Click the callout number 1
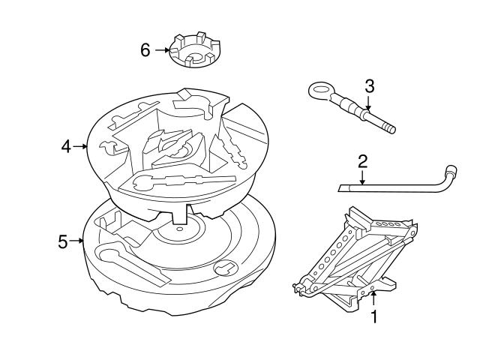pyautogui.click(x=373, y=317)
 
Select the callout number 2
pyautogui.click(x=362, y=161)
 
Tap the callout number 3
pyautogui.click(x=368, y=85)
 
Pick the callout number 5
pyautogui.click(x=63, y=241)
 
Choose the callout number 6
pyautogui.click(x=145, y=50)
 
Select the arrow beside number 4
pyautogui.click(x=82, y=147)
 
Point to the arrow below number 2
pyautogui.click(x=362, y=178)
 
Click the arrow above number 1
pyautogui.click(x=373, y=298)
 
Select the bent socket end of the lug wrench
pyautogui.click(x=450, y=172)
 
